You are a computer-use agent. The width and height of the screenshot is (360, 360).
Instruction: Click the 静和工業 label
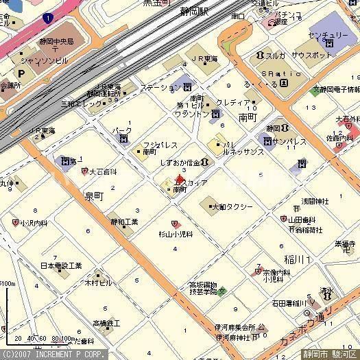tap(124, 222)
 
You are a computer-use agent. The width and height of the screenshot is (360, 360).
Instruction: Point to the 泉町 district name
tap(93, 195)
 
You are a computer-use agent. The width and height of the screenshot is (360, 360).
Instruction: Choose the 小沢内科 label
tap(34, 223)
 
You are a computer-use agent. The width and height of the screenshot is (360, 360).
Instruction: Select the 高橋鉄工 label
tap(106, 322)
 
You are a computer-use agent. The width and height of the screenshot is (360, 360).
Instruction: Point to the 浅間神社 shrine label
tap(315, 202)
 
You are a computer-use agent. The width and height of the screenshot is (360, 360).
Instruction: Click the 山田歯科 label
tap(304, 219)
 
